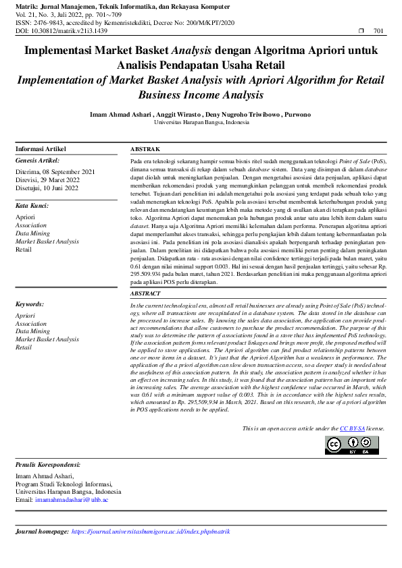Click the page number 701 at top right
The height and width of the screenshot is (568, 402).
[x=378, y=31]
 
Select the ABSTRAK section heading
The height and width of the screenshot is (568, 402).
[x=145, y=149]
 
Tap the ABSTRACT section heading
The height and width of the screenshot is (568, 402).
[x=146, y=294]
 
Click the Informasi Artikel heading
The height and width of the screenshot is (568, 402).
[x=41, y=149]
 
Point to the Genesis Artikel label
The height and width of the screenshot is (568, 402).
[x=38, y=161]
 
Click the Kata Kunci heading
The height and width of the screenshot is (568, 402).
[x=32, y=205]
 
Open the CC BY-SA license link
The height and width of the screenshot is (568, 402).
[x=352, y=428]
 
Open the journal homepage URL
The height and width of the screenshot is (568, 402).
[x=151, y=532]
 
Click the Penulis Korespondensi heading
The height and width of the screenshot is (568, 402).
[x=48, y=465]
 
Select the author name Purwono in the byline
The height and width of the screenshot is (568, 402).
[x=298, y=114]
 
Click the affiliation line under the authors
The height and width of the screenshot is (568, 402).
[x=201, y=123]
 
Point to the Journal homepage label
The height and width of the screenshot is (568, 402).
[x=41, y=532]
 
